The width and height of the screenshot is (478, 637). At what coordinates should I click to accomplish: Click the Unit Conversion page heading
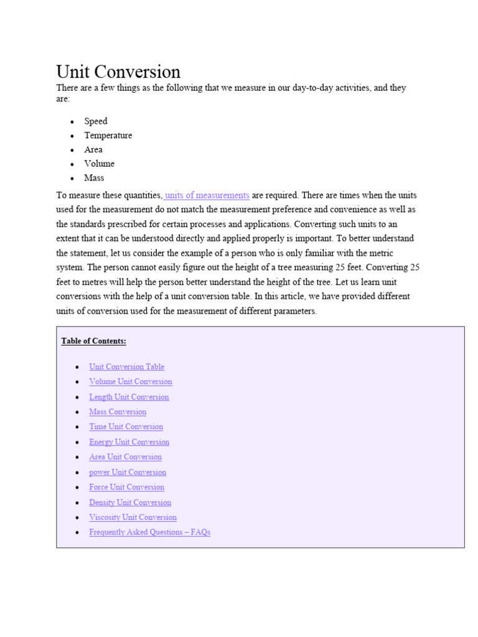coord(118,72)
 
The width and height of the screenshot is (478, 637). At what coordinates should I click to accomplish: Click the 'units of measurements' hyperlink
coord(207,195)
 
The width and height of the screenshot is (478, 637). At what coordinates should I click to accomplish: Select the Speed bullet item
coord(96,121)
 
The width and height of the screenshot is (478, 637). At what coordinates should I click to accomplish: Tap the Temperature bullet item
coord(108,136)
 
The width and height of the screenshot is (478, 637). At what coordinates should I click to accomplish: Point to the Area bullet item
coord(93,150)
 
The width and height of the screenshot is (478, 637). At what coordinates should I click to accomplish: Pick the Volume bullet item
coord(100,164)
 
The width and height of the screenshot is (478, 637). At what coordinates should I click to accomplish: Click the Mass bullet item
coord(95,178)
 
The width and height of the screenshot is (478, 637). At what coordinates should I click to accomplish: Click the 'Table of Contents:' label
coord(94,341)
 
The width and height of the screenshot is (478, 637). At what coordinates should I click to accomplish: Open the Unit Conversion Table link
coord(126,367)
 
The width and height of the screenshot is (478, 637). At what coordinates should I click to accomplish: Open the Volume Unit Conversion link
coord(131,382)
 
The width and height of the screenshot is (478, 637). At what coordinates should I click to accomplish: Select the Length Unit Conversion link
coord(129,397)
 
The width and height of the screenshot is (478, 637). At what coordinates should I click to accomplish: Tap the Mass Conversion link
coord(118,412)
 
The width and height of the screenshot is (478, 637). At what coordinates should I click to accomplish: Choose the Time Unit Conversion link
coord(126,427)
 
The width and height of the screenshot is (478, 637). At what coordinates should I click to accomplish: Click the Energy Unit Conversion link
coord(129,442)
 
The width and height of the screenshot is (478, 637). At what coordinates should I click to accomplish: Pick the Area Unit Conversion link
coord(125,457)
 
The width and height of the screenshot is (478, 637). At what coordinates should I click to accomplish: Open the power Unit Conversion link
coord(128,472)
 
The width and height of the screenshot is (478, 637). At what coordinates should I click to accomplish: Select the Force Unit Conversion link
coord(126,487)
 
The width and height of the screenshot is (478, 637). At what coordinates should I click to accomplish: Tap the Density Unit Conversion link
coord(130,503)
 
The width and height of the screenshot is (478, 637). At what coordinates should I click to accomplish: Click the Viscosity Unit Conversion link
coord(133,518)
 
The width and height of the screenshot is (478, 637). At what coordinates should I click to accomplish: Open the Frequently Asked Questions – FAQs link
coord(149,532)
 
